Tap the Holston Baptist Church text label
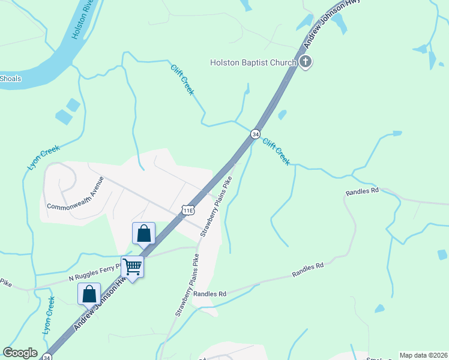253,62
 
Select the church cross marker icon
306,62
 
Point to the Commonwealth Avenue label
76,193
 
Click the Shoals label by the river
10,79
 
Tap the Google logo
20,353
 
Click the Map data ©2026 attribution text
423,355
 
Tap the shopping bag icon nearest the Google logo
89,294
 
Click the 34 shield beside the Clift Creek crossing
256,134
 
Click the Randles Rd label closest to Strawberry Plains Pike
210,294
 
